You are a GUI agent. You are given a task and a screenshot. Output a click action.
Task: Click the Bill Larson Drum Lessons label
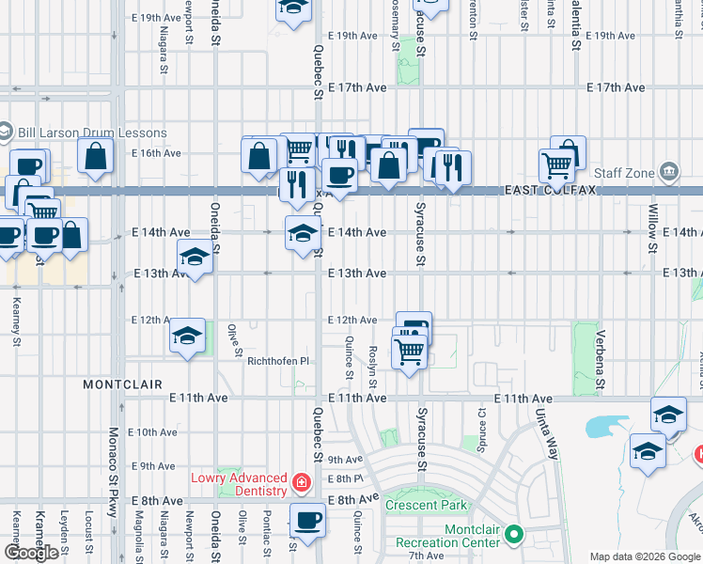(x=91, y=133)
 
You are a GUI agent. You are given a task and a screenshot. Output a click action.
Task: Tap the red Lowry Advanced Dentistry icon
(x=301, y=484)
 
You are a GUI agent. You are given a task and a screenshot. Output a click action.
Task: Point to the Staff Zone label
(x=623, y=172)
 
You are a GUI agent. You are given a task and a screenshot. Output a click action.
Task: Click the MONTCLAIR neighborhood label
(x=122, y=384)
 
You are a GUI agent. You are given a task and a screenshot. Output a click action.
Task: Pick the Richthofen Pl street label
(x=277, y=361)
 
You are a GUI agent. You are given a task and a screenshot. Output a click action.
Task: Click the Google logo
(x=31, y=553)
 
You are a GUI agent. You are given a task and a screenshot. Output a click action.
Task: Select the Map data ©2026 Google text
(x=644, y=556)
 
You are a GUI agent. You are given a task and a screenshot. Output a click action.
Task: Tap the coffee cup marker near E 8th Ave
(x=306, y=520)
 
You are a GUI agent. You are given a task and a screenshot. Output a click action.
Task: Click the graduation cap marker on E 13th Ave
(x=195, y=257)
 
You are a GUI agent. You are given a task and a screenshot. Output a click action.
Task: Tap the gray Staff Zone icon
(x=668, y=172)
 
